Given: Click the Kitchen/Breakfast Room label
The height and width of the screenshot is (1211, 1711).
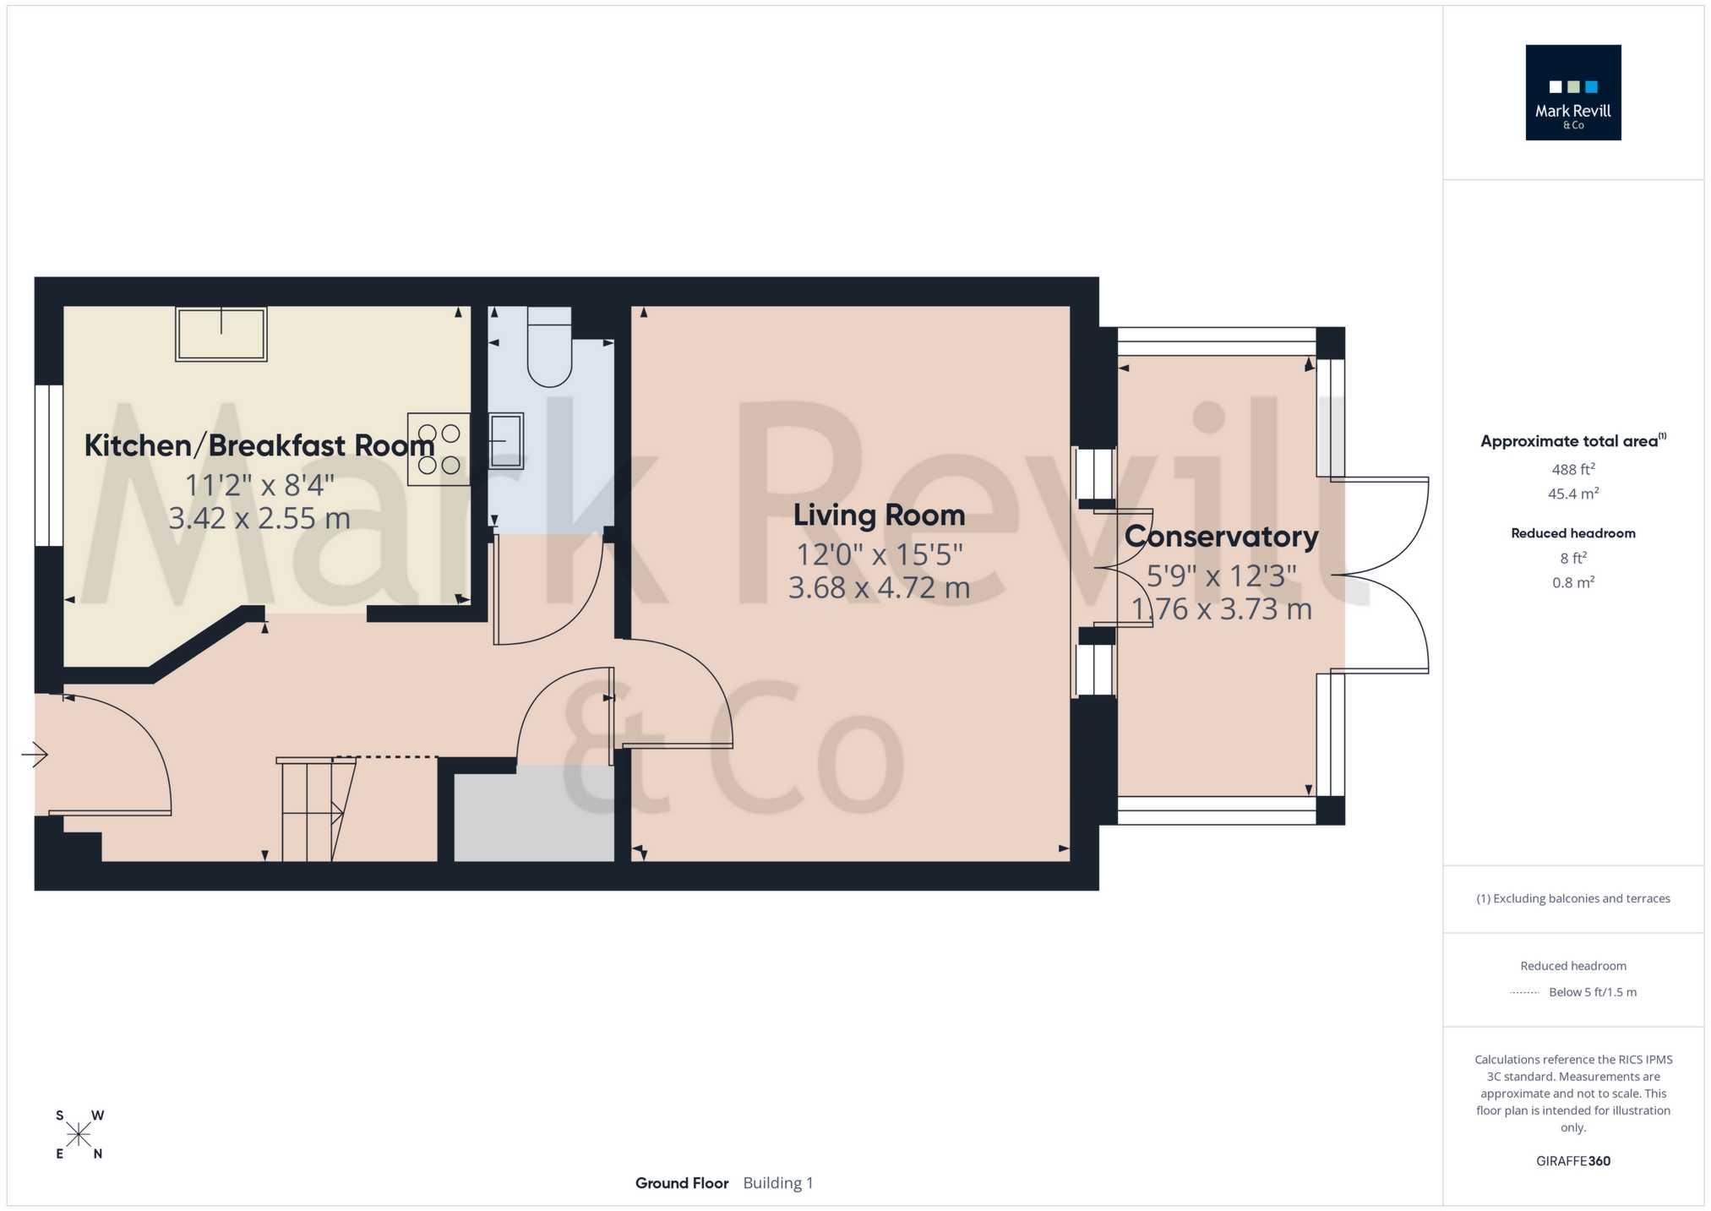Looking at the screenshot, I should click(x=259, y=445).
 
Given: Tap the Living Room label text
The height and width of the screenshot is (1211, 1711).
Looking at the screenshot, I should click(x=879, y=515).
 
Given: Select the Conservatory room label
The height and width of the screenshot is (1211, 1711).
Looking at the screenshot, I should click(x=1221, y=536).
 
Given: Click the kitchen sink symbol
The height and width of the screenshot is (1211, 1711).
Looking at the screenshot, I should click(x=221, y=335).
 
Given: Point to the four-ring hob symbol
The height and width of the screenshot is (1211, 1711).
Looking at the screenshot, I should click(x=439, y=449).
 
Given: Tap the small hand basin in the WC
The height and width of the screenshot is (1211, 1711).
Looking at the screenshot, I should click(x=506, y=439).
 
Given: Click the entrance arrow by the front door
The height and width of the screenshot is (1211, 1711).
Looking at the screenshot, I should click(x=35, y=754).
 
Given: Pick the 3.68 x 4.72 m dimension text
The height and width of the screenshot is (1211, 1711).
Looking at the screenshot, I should click(x=879, y=587).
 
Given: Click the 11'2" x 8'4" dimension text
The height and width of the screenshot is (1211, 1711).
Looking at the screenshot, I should click(x=259, y=485).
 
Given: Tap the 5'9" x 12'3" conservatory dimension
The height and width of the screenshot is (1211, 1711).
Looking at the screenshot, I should click(x=1221, y=575).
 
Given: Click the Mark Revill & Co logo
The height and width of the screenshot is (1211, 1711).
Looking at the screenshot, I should click(x=1572, y=92).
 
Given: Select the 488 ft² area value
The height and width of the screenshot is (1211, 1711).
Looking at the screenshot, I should click(x=1572, y=469).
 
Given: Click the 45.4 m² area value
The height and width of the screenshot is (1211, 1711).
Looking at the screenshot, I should click(x=1572, y=494).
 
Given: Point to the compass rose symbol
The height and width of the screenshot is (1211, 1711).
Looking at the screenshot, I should click(x=79, y=1134).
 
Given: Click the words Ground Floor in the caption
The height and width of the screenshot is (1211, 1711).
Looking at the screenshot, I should click(x=681, y=1183).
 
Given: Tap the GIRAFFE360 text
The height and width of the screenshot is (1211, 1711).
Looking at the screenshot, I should click(x=1572, y=1161).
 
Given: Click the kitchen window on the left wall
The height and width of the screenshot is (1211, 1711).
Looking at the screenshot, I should click(x=49, y=466).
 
